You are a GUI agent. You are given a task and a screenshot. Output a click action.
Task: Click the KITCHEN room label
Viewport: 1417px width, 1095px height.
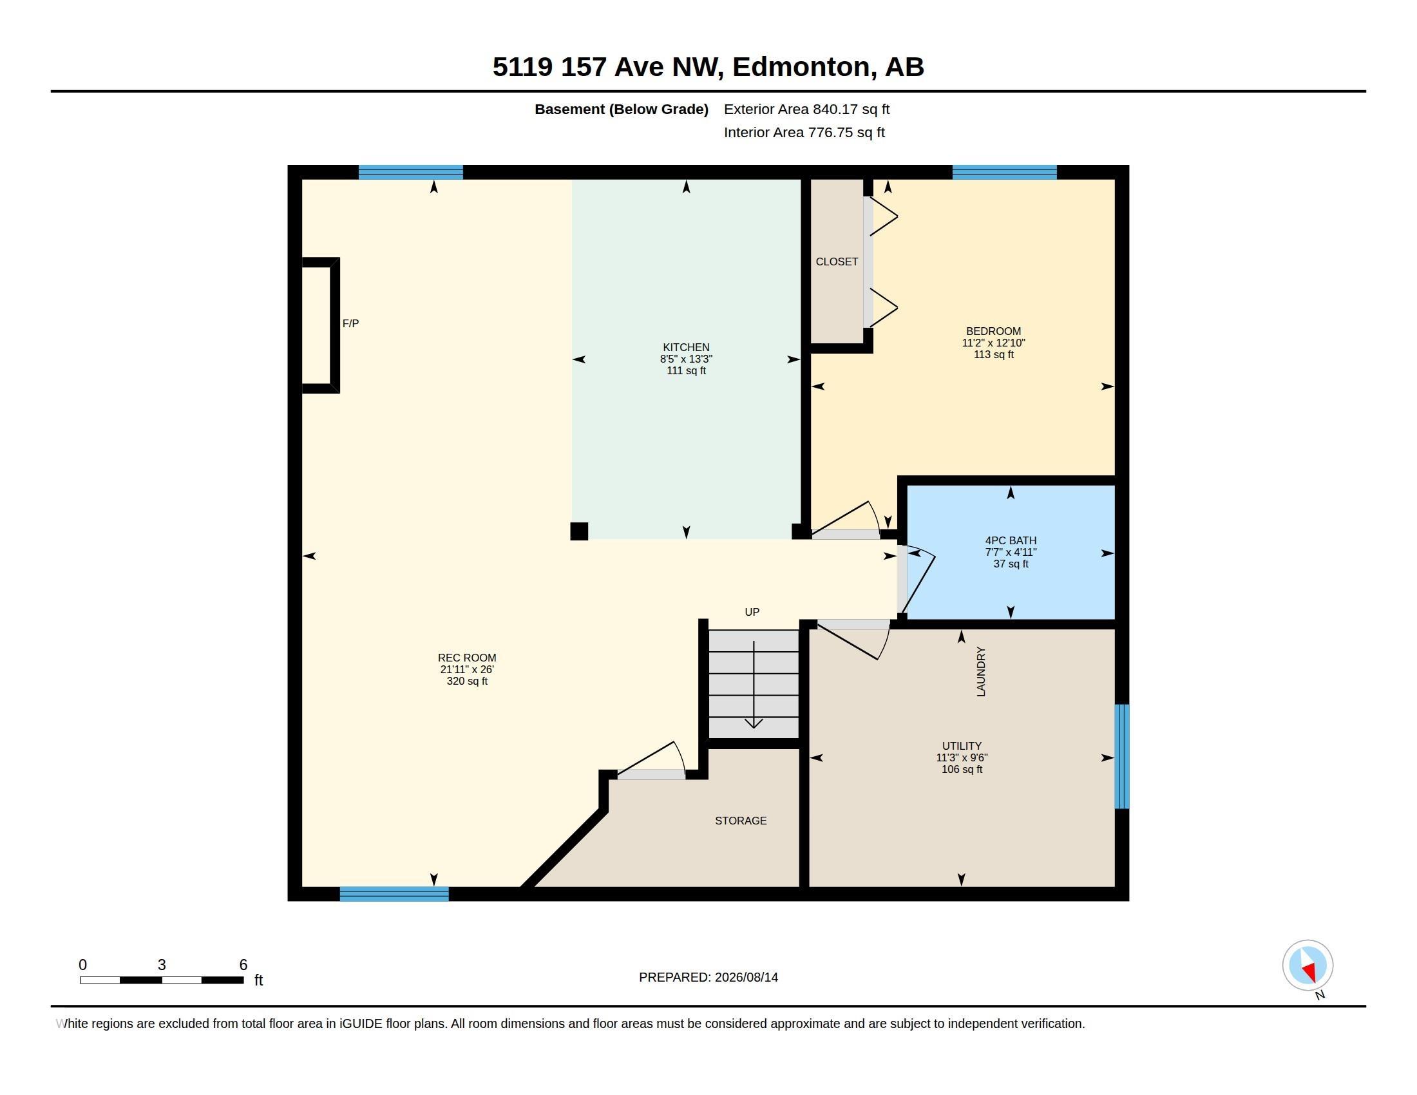[686, 347]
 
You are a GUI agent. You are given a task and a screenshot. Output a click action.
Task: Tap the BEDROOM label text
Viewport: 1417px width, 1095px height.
[993, 331]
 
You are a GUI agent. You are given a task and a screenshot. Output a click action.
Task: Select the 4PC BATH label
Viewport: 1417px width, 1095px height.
[1011, 540]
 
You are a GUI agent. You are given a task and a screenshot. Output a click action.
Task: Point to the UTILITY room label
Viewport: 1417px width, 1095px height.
[962, 746]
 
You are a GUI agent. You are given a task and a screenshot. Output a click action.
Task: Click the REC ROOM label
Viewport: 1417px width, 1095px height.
[467, 658]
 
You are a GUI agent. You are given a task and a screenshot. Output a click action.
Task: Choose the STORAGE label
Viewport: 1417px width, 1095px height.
[741, 821]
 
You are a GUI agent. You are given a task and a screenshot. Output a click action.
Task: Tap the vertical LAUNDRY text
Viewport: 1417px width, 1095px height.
[981, 671]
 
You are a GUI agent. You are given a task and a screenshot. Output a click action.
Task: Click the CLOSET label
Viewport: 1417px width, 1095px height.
[837, 262]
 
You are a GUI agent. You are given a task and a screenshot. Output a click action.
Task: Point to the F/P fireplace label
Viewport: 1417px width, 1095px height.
[350, 323]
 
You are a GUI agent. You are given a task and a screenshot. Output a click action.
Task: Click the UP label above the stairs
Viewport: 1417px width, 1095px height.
[752, 612]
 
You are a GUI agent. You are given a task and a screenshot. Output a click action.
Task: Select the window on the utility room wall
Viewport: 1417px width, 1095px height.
[1122, 756]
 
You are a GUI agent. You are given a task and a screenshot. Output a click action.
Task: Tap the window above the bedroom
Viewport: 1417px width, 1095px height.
[1004, 173]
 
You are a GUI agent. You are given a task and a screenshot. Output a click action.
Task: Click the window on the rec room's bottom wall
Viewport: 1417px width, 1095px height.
[394, 894]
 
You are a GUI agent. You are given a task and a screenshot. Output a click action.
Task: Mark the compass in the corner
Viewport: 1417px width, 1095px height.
[1308, 966]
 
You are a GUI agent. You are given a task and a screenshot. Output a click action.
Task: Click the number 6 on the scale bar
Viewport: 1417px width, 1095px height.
[243, 965]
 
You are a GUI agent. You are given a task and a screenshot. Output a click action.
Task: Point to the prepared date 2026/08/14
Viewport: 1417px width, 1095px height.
[746, 977]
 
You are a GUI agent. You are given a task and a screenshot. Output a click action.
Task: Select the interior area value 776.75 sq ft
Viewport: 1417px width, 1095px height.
[846, 132]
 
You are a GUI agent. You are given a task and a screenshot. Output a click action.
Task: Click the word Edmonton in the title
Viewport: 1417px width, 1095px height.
[801, 67]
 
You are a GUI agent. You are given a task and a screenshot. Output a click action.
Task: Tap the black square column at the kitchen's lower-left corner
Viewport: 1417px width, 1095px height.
[580, 531]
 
